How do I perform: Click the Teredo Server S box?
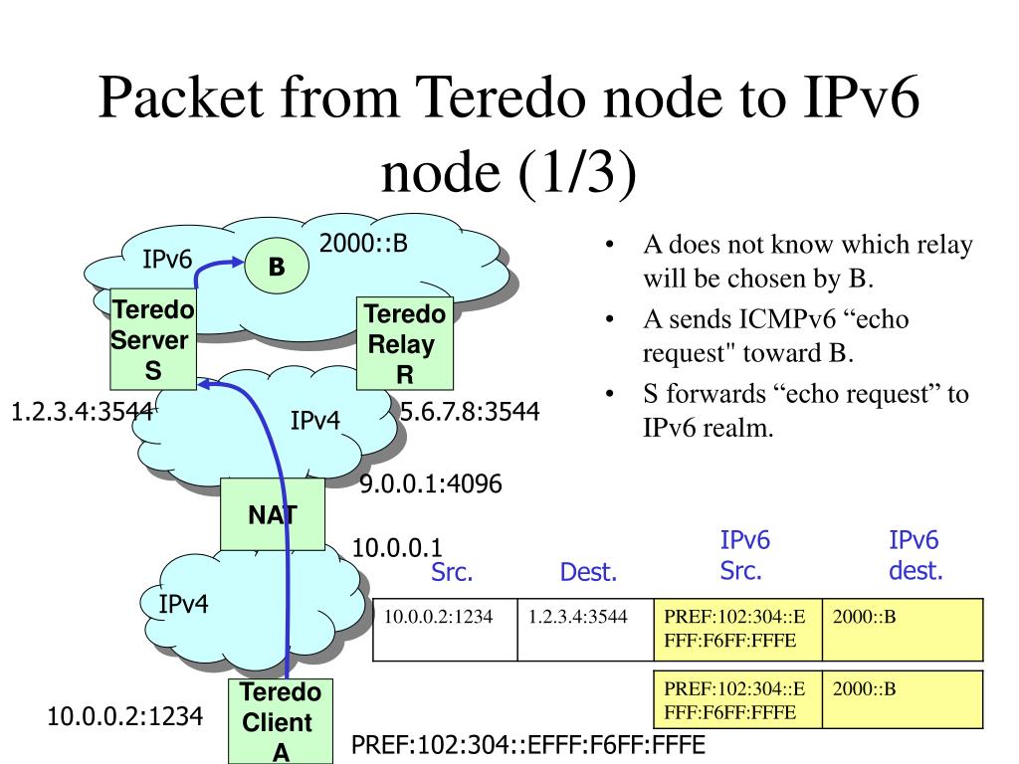pos(153,340)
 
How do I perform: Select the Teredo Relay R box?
pos(404,344)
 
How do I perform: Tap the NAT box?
pos(273,514)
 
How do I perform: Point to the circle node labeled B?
pos(276,267)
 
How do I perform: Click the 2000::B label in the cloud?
pos(364,244)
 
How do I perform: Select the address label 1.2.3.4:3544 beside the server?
pos(82,411)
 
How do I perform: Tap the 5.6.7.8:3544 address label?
pos(470,411)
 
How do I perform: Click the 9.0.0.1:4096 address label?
pos(431,484)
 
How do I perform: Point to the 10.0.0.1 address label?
pos(397,547)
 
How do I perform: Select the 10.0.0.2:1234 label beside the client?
pos(125,715)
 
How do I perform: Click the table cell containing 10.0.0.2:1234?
pos(445,629)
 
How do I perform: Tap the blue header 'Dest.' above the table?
pos(588,572)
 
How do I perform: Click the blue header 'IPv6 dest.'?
pos(915,555)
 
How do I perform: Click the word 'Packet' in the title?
pos(178,101)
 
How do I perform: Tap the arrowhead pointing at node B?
pos(237,263)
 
